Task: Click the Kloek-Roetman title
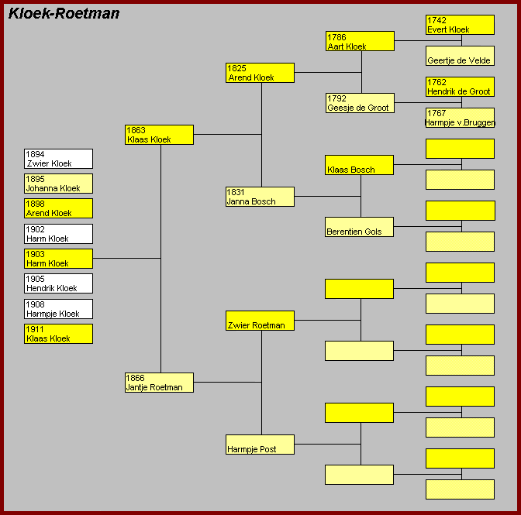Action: tap(64, 14)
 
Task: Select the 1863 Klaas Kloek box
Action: tap(159, 135)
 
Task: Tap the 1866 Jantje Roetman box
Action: tap(159, 383)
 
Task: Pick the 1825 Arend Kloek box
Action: tap(260, 73)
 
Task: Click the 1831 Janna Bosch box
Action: tap(260, 197)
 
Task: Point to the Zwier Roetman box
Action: tap(260, 321)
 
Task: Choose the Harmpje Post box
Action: tap(260, 445)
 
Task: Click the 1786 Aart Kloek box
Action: tap(361, 41)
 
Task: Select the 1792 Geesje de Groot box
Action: tap(361, 103)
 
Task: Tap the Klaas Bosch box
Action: tap(359, 165)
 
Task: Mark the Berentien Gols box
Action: tap(359, 227)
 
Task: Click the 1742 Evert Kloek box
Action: tap(461, 25)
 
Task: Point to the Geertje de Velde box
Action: tap(461, 56)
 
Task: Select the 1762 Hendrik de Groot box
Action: tap(461, 87)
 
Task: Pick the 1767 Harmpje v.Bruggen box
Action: tap(461, 118)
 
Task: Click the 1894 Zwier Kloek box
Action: tap(58, 159)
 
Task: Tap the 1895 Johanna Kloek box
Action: tap(58, 184)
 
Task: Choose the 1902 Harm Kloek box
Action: tap(58, 234)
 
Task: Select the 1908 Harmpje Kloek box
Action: tap(58, 309)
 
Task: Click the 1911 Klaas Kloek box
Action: tap(58, 334)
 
